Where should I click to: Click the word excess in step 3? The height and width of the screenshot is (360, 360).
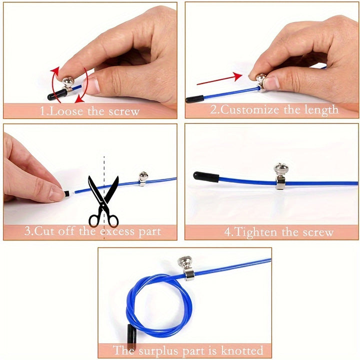[x=118, y=231]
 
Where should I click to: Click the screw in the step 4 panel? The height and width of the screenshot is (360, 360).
[x=280, y=171]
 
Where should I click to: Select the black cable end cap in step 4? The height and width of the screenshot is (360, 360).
[x=205, y=176]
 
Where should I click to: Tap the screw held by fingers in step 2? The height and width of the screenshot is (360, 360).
[x=261, y=79]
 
